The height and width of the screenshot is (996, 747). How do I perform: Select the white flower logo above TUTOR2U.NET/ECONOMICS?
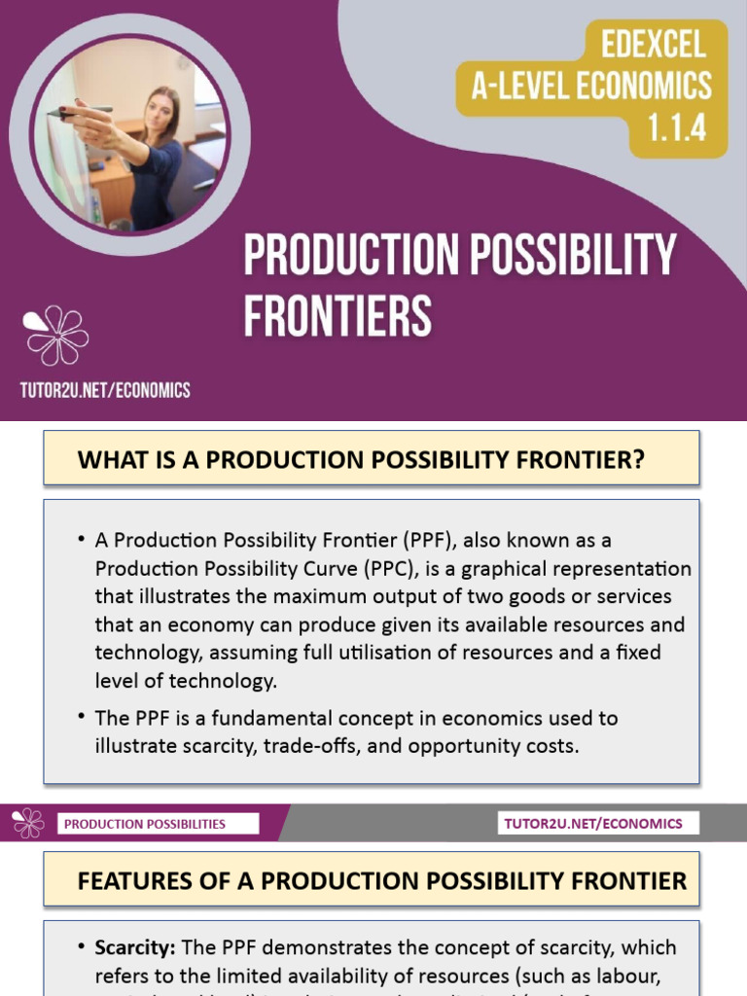pos(56,336)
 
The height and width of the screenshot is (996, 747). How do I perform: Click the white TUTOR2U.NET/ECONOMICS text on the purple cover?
pos(105,390)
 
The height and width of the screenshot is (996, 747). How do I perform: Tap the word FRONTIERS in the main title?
pos(338,315)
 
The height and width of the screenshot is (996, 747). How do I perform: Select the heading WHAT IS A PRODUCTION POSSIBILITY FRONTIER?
pos(361,459)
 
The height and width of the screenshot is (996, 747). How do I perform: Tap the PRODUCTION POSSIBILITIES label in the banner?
pos(145,824)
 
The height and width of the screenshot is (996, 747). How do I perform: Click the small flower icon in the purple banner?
pos(28,823)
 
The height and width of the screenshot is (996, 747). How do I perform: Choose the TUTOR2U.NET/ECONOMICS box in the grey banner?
pos(593,824)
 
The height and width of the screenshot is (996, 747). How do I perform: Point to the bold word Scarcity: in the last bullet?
pos(136,947)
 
